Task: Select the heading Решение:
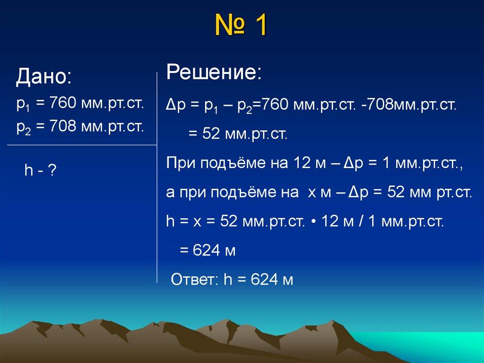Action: pyautogui.click(x=214, y=73)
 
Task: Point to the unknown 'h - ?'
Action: pyautogui.click(x=41, y=170)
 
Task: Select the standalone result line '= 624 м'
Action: pyautogui.click(x=207, y=250)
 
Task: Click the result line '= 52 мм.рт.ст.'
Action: pyautogui.click(x=238, y=134)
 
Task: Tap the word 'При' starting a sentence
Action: pyautogui.click(x=181, y=163)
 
